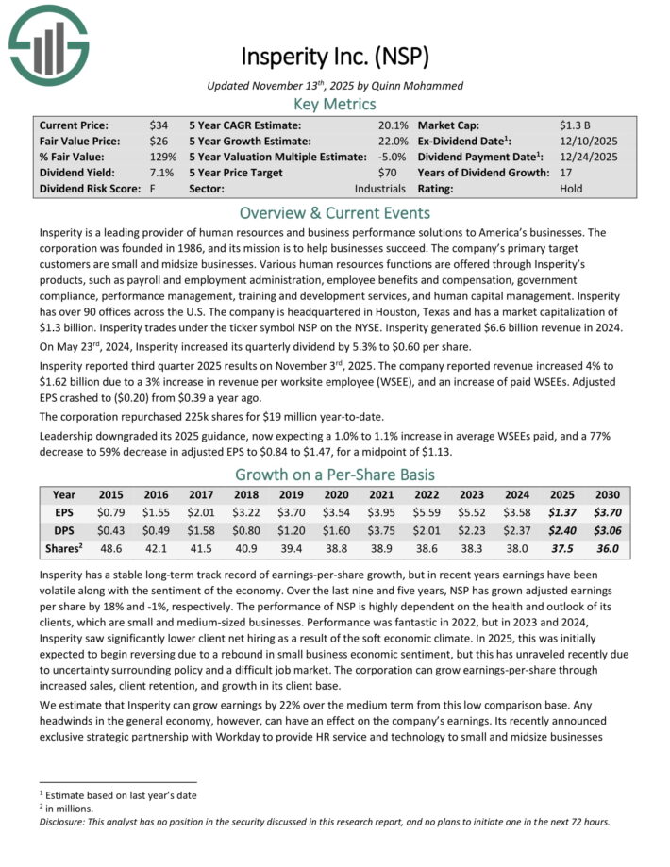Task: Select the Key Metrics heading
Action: pos(334,104)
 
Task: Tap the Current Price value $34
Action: pos(159,125)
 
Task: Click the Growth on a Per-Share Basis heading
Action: pos(334,475)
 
